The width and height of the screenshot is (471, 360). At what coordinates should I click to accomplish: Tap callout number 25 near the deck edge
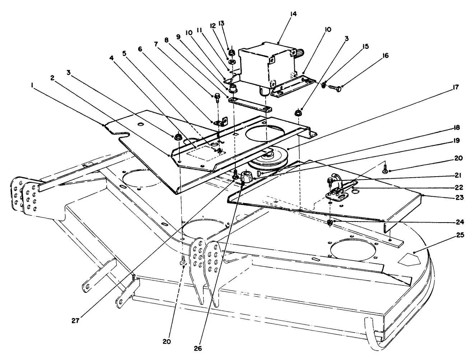pos(460,235)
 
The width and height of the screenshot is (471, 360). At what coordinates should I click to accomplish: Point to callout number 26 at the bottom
pos(198,349)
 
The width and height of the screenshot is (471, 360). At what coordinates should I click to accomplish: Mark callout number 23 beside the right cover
pos(460,197)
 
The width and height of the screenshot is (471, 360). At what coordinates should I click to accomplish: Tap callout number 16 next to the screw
pos(386,56)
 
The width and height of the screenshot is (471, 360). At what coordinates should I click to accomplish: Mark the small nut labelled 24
pos(330,223)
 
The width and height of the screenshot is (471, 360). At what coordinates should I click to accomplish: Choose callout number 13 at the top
pos(221,23)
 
